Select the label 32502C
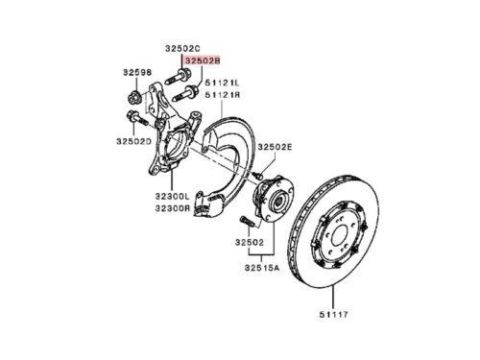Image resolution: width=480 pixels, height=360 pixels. [182, 49]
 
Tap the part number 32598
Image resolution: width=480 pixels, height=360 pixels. [137, 72]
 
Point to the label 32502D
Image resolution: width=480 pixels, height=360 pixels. [133, 141]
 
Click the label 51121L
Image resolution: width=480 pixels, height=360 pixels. [222, 84]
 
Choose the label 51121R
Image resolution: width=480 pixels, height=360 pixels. [223, 95]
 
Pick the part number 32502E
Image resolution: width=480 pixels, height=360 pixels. [276, 147]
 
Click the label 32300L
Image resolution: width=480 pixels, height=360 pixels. [173, 196]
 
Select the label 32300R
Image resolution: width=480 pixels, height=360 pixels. [173, 208]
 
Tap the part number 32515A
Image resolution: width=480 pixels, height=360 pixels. [262, 268]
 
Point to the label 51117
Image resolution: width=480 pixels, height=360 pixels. [333, 315]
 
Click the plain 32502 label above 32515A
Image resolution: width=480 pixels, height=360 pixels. [250, 242]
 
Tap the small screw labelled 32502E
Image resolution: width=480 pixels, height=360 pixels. [257, 175]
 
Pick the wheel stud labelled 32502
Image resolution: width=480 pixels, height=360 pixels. [247, 221]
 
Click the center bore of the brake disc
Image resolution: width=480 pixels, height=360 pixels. [339, 237]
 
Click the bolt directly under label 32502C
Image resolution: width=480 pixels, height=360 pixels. [178, 78]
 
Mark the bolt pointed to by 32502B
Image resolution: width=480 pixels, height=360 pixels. [185, 92]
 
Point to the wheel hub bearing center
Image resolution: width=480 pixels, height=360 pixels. [277, 202]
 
